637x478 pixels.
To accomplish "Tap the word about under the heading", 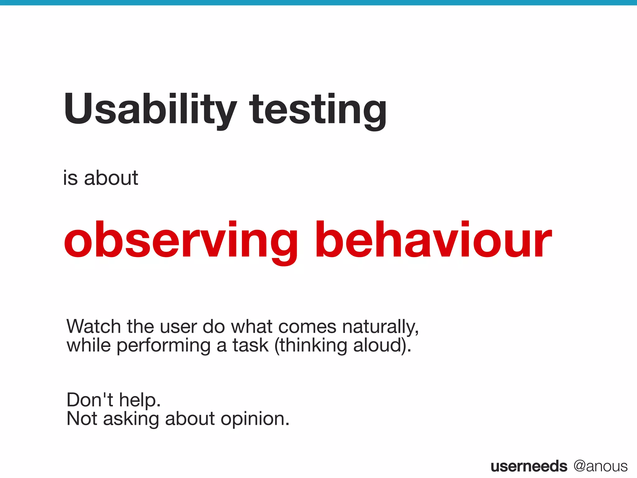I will (x=111, y=178).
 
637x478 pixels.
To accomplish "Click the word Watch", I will (x=93, y=327).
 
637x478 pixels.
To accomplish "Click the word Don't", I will (x=90, y=400).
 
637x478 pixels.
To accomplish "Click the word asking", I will (x=131, y=419).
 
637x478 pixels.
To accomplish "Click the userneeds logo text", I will (x=529, y=466).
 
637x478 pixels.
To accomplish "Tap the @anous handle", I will (x=600, y=466).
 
